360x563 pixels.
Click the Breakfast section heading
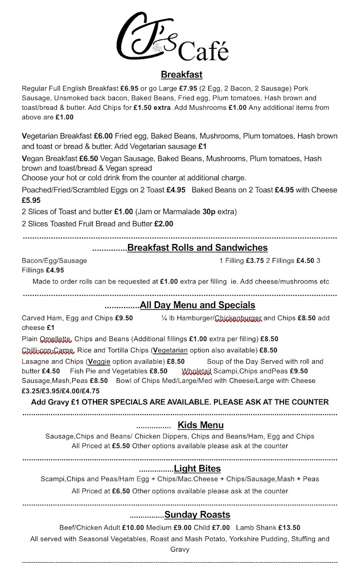pos(181,75)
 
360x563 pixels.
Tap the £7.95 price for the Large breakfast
pos(189,88)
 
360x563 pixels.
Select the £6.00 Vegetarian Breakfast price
pos(103,136)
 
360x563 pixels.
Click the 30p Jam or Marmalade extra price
pos(209,212)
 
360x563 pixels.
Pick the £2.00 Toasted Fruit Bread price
pos(163,224)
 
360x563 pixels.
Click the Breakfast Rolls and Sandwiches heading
pos(197,248)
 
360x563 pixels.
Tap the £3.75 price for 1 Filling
pos(255,260)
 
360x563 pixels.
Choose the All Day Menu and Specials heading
pos(198,305)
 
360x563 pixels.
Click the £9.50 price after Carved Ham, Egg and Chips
pos(124,318)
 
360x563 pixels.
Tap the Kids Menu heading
pos(200,425)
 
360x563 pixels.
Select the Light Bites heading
pos(197,469)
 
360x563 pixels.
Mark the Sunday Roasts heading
pos(197,515)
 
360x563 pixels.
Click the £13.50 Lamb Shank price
pos(289,527)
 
